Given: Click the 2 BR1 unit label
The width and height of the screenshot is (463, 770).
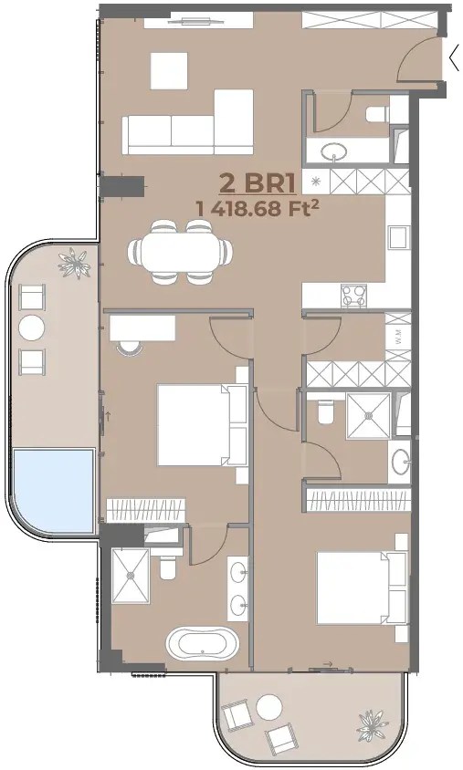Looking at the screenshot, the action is (x=257, y=182).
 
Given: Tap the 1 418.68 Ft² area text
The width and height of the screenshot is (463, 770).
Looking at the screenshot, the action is (x=256, y=209).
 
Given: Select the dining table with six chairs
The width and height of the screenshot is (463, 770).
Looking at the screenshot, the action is (x=180, y=252).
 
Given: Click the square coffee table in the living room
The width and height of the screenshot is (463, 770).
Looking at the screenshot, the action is (x=169, y=71).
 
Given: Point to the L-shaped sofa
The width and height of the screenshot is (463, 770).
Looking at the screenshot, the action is (x=188, y=122).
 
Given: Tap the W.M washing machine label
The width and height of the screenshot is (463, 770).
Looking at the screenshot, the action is (x=398, y=337).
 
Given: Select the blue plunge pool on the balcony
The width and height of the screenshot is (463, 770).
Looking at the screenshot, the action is (x=53, y=490).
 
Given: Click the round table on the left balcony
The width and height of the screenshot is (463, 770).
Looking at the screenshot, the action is (x=32, y=328).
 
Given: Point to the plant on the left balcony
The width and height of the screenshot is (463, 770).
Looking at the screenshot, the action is (x=75, y=264).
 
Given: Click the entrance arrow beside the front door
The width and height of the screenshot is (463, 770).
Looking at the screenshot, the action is (x=454, y=59).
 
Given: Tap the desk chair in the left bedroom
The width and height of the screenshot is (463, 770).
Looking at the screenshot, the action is (x=130, y=346).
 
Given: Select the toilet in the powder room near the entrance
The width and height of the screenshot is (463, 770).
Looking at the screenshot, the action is (x=377, y=114).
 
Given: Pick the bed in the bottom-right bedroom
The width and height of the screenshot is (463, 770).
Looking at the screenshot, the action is (x=363, y=588).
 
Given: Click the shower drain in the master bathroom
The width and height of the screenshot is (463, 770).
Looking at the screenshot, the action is (x=131, y=576).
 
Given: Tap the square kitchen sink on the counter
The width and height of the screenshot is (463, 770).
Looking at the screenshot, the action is (x=398, y=238).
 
